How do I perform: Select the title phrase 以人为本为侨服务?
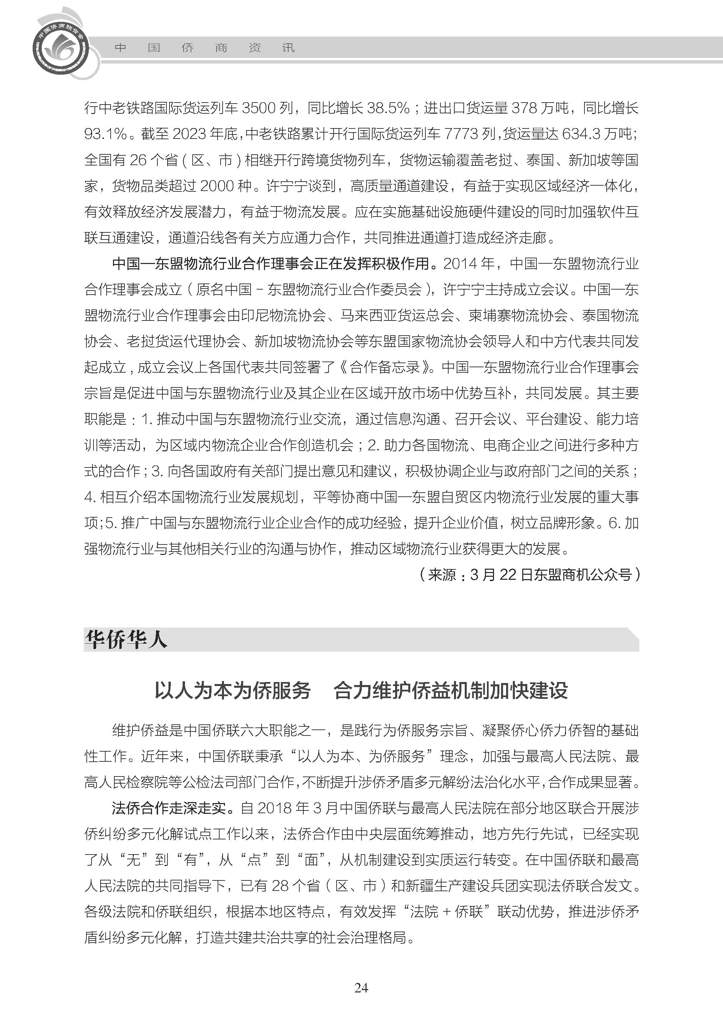pos(232,691)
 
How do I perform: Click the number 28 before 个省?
pos(280,885)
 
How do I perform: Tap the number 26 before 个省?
pos(138,160)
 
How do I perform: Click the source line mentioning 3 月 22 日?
pos(529,574)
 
